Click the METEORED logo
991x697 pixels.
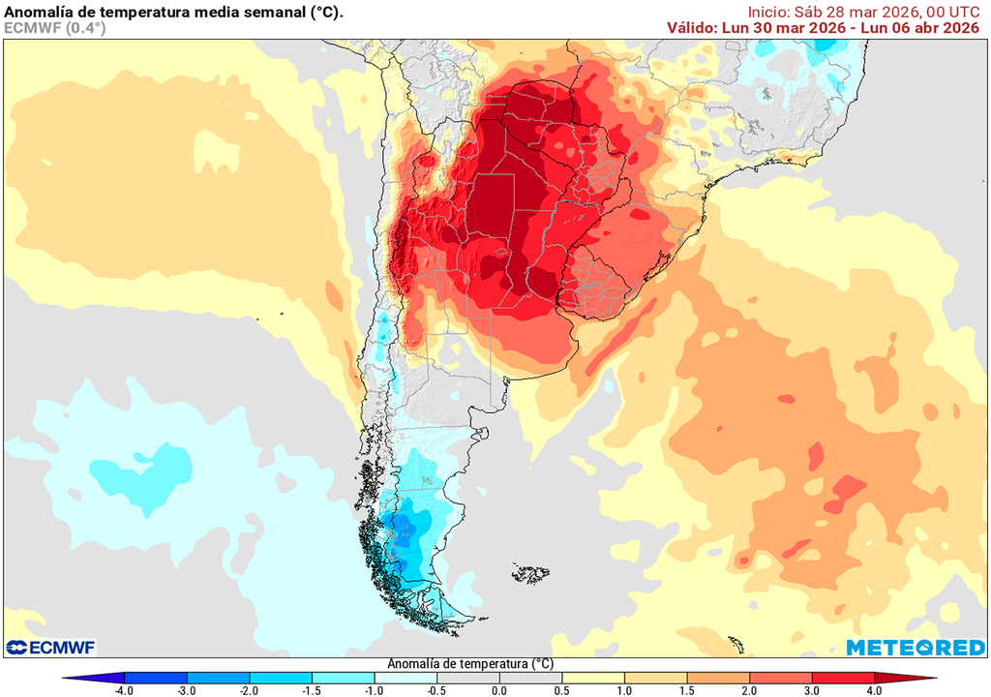(x=916, y=647)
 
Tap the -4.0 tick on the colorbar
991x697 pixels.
(x=124, y=690)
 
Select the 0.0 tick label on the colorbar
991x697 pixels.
(x=499, y=690)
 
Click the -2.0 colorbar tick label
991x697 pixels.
(x=249, y=690)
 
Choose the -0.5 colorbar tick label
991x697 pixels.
(x=436, y=690)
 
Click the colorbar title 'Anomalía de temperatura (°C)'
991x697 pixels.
(x=470, y=664)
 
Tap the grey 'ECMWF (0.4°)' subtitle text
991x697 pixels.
(x=55, y=28)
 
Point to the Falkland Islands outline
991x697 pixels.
(x=531, y=574)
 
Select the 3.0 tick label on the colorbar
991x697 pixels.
(x=812, y=690)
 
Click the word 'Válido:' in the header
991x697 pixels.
(x=692, y=28)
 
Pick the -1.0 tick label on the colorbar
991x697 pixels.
(x=374, y=690)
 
